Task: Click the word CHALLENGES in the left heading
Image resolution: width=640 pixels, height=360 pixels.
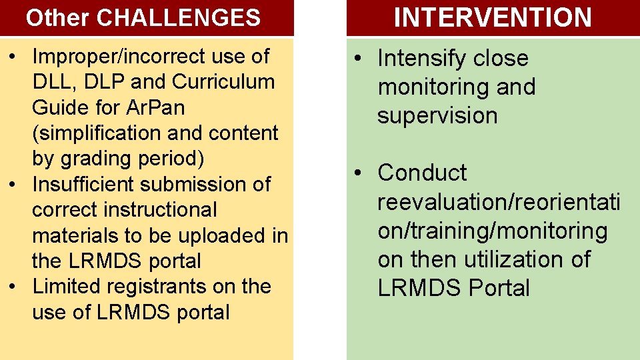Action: pos(179,18)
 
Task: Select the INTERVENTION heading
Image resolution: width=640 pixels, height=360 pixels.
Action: pos(493,18)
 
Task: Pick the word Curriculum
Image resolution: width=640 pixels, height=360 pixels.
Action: pos(223,82)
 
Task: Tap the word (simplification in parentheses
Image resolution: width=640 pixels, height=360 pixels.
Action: pos(97,133)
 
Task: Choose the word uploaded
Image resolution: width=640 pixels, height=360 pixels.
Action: pos(225,235)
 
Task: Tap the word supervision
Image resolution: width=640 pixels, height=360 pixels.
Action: pos(437,115)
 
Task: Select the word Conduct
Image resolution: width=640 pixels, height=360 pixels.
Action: pos(422,173)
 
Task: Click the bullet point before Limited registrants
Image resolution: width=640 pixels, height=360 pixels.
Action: pos(11,287)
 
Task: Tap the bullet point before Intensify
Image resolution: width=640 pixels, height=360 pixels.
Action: pos(358,59)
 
